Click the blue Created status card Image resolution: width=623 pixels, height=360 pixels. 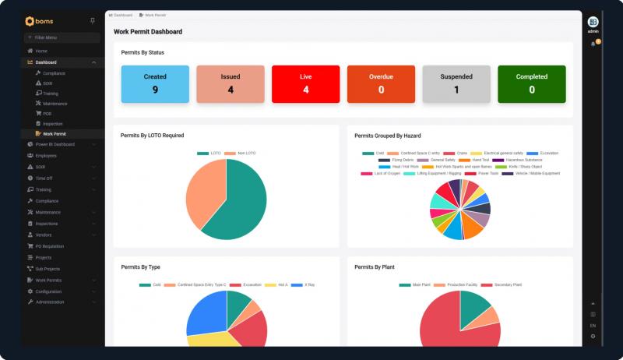tap(155, 83)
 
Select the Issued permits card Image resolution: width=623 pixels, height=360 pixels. tap(231, 83)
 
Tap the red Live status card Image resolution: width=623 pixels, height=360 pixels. tap(305, 83)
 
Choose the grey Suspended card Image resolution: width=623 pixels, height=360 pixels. tap(456, 83)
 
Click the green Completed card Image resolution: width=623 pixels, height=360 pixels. tap(531, 83)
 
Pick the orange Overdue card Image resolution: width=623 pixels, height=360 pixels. tap(381, 83)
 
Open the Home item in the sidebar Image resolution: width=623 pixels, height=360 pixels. tap(41, 51)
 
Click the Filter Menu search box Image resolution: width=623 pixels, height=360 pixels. tap(62, 37)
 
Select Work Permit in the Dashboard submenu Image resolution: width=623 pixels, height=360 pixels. tap(55, 133)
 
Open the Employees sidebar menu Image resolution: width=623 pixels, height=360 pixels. tap(46, 156)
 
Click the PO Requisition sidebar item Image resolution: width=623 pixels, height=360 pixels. tap(50, 246)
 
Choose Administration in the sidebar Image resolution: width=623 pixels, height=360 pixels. tap(50, 302)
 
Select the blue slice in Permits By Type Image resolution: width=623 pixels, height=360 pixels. tap(204, 312)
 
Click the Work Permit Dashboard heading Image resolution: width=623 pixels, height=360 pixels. tap(148, 32)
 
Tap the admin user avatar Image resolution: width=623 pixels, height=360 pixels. tap(593, 21)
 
